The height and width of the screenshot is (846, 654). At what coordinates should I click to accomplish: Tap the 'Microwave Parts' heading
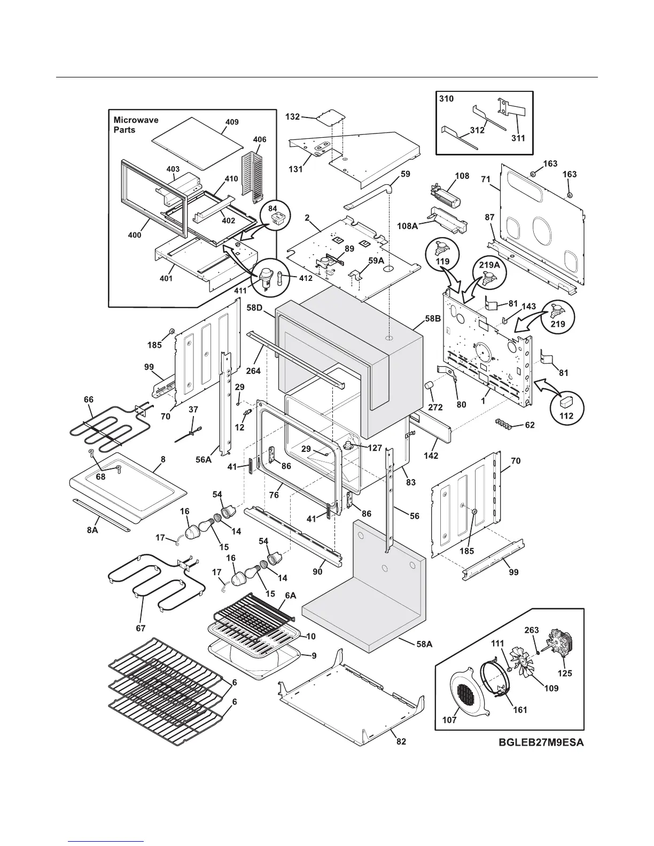click(x=136, y=125)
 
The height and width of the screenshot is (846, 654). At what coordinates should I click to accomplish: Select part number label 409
click(x=231, y=122)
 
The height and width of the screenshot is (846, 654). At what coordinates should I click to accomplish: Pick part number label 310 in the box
click(x=446, y=99)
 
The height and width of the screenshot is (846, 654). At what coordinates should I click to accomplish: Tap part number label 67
click(x=141, y=628)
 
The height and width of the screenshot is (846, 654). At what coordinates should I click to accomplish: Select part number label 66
click(x=89, y=399)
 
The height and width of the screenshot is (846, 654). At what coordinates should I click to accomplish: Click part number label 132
click(x=292, y=116)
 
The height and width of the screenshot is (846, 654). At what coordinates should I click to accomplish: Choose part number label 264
click(x=253, y=370)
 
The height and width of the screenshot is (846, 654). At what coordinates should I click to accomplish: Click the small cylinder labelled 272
click(x=431, y=386)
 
